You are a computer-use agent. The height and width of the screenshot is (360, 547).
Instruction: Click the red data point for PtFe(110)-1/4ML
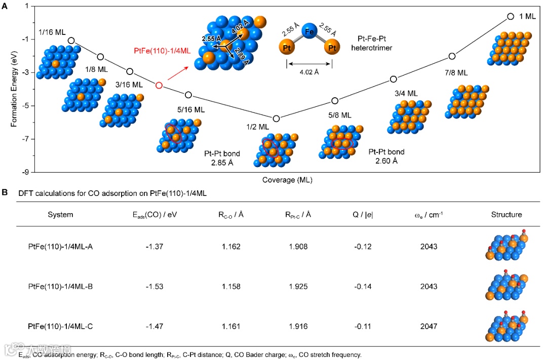[159, 86]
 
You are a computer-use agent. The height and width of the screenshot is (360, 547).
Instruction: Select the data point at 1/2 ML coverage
[276, 118]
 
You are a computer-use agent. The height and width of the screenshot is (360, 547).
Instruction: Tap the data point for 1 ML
[511, 17]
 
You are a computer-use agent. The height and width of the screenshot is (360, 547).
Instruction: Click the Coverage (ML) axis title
[287, 180]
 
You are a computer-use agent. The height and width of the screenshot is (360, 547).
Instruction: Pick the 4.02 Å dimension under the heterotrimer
[309, 72]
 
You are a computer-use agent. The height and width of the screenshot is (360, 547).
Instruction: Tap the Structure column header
[506, 215]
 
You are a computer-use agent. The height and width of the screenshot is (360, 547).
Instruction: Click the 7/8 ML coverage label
[456, 73]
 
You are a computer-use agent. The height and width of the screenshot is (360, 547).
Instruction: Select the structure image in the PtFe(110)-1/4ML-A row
[506, 247]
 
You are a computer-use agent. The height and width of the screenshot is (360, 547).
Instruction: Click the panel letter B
[5, 192]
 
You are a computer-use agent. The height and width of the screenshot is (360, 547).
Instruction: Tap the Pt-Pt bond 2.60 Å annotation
[386, 156]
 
